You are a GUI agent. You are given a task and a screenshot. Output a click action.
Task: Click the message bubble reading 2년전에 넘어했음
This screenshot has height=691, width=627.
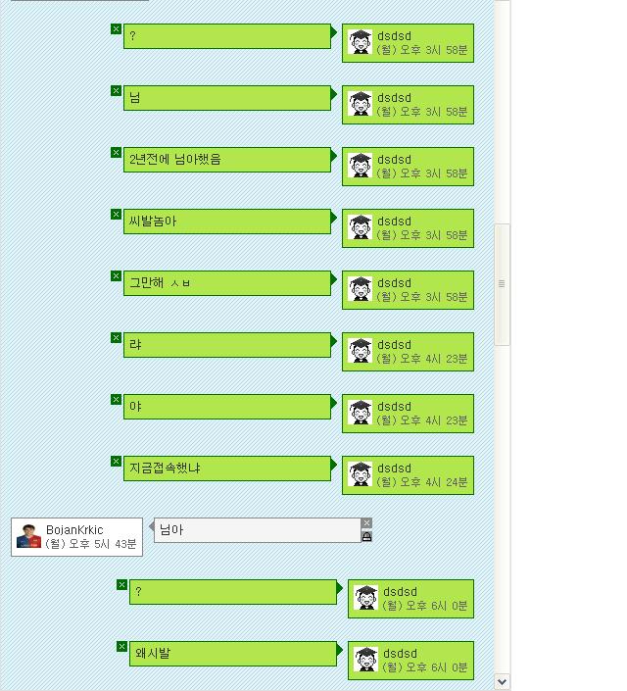coord(228,159)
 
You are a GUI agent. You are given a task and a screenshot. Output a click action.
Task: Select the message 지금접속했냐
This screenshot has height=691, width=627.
coord(228,468)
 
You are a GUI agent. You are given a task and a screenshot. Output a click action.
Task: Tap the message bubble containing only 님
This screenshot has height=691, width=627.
coord(228,97)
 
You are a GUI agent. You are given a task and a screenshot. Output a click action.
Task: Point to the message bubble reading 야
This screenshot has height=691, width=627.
coord(228,406)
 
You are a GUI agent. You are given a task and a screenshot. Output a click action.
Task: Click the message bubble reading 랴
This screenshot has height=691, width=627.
coord(228,344)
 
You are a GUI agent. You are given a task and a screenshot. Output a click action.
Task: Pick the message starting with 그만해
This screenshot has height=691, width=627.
coord(228,282)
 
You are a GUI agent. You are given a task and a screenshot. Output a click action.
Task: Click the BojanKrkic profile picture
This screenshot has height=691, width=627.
coord(29,536)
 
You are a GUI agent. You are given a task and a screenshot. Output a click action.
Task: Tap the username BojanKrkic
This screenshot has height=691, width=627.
coord(74,530)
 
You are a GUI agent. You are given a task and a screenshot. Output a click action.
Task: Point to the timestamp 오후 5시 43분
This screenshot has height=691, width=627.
coord(102,544)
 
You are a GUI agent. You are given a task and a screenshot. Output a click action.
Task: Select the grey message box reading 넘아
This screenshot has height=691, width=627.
coord(257,530)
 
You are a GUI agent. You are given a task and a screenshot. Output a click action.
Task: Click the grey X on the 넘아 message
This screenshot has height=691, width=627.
coord(366,523)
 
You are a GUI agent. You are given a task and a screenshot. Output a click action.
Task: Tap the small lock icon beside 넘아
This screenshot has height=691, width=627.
coord(366,536)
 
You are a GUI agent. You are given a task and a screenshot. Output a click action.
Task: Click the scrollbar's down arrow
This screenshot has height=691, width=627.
coord(502,681)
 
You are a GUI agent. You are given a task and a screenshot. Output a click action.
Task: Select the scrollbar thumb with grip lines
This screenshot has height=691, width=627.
coord(502,283)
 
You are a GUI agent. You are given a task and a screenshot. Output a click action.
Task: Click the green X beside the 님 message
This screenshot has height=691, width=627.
coord(116,91)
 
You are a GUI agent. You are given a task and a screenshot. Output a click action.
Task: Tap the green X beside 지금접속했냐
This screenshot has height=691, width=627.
coord(116,462)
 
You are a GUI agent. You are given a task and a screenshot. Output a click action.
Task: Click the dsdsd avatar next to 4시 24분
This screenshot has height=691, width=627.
coord(361,474)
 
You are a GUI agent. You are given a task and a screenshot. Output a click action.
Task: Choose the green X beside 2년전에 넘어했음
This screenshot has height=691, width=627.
coord(116,153)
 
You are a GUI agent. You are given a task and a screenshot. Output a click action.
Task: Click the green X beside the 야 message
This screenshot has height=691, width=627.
coord(116,400)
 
